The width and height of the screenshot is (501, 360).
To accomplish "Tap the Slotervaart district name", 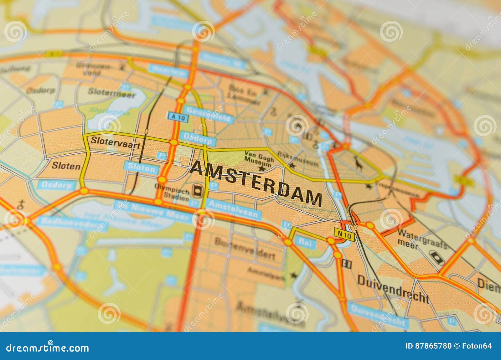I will pos(115,141).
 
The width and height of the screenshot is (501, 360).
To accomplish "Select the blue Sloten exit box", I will pos(142,168).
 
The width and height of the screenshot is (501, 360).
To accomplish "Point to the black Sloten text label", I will pos(66,166).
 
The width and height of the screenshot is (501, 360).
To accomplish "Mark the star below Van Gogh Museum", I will pos(261,169).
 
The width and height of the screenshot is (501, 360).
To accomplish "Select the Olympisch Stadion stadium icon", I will pos(198,189).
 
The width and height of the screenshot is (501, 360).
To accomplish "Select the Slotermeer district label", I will pos(111,92).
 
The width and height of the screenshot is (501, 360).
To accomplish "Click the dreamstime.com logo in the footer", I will pos(48,347).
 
